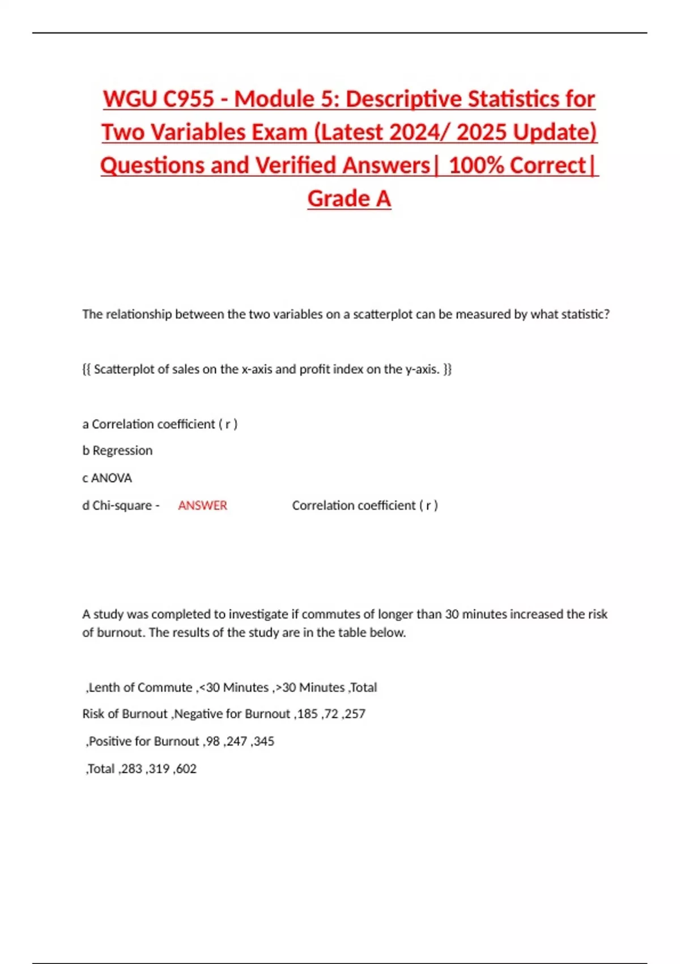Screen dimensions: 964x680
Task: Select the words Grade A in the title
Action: [349, 198]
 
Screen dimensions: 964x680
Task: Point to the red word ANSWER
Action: [202, 505]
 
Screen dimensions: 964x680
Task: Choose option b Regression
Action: [117, 450]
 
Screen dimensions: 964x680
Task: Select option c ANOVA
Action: [107, 478]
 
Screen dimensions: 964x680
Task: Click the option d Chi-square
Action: [117, 505]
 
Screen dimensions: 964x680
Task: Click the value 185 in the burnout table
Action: [307, 713]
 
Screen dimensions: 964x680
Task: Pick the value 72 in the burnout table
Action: [331, 713]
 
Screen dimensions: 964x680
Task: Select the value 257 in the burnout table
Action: [355, 713]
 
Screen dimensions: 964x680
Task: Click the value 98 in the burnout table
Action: [212, 741]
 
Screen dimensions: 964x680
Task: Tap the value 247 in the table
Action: [236, 741]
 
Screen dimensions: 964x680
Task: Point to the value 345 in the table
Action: [263, 741]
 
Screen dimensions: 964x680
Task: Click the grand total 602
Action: [186, 768]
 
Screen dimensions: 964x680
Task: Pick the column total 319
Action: [159, 768]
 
